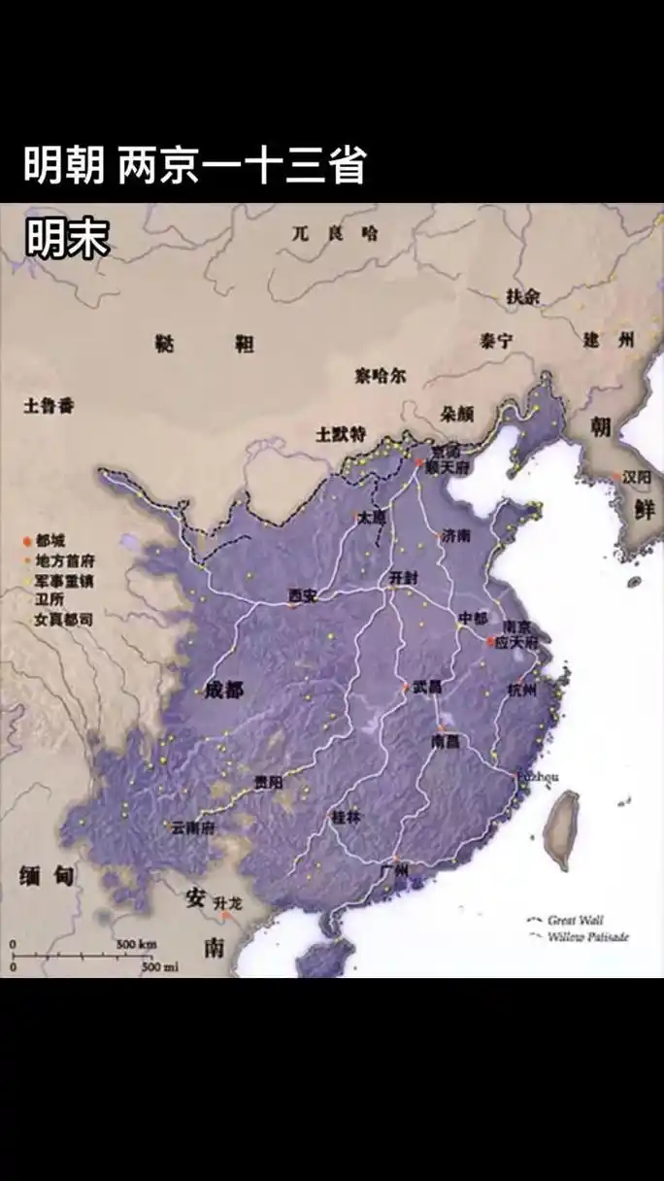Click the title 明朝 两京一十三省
pos(194,166)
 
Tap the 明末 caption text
pos(67,239)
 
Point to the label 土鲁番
pos(49,406)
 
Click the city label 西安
pos(304,594)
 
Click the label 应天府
pos(515,642)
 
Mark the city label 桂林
pos(346,817)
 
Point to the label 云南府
pos(192,828)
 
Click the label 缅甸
pos(46,877)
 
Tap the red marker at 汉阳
pos(615,477)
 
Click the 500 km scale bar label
pos(137,944)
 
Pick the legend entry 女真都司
pos(63,619)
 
